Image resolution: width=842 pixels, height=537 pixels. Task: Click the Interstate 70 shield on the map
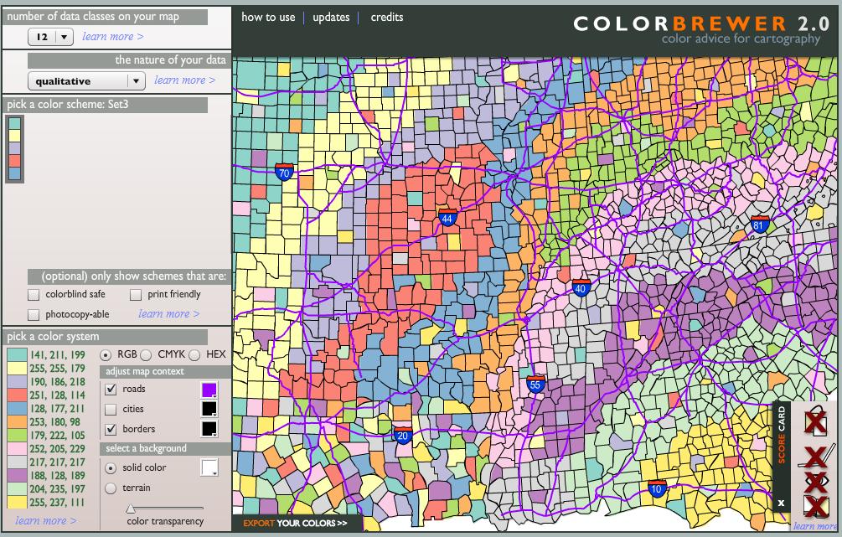click(x=284, y=173)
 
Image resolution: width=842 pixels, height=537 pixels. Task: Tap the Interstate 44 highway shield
click(x=447, y=218)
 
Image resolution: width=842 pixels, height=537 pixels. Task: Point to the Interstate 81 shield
click(x=760, y=224)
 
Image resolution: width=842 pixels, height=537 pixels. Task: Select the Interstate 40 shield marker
click(x=581, y=289)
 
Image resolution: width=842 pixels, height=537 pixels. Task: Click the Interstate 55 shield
click(x=536, y=385)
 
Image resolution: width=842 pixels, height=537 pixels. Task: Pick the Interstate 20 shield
click(x=402, y=434)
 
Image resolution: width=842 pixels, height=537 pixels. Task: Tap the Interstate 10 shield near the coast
click(x=657, y=488)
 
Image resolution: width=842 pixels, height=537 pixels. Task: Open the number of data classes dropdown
click(x=51, y=37)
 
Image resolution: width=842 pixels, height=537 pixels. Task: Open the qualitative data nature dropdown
click(x=86, y=81)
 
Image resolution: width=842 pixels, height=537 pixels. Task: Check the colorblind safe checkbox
click(x=34, y=295)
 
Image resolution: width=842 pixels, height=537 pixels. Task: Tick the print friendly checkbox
click(x=136, y=295)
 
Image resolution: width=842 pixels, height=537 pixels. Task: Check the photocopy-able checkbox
click(x=34, y=315)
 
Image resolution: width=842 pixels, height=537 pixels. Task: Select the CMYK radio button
click(x=146, y=355)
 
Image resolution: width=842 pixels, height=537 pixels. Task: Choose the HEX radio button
click(x=194, y=355)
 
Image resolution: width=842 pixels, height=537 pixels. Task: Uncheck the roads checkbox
click(x=111, y=390)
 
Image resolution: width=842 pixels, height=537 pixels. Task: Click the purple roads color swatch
click(x=209, y=390)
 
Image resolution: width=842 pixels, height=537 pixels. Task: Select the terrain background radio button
click(x=111, y=488)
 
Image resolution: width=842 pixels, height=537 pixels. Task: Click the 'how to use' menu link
click(x=268, y=17)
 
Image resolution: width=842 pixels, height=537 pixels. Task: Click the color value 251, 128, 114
click(x=57, y=395)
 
